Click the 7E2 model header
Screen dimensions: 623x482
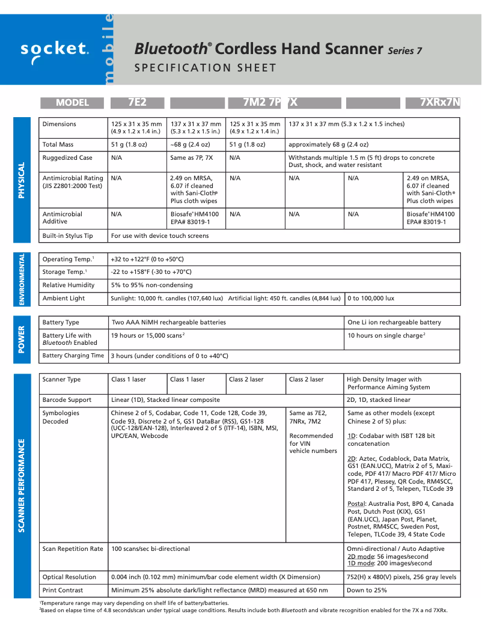pos(137,103)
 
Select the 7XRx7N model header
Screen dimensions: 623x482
pos(441,103)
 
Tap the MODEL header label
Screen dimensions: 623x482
pos(73,103)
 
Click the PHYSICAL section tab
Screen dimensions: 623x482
pos(22,180)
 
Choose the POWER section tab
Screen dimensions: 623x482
pos(22,339)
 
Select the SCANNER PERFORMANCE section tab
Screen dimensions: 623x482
pos(22,485)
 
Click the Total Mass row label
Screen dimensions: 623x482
pos(58,145)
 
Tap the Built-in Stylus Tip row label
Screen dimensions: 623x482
pos(68,236)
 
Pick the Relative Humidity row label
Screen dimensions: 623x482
pos(69,285)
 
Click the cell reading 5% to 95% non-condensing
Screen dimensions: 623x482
pos(152,285)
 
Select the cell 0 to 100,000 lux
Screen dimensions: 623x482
pos(371,299)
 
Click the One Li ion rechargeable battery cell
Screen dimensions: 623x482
pos(394,323)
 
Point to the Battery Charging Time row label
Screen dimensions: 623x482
pos(73,356)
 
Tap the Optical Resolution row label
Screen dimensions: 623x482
pos(70,577)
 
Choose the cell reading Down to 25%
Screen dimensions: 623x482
pos(367,591)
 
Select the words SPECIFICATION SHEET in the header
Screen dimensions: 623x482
pos(206,68)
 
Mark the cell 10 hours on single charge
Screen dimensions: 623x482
pos(386,336)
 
